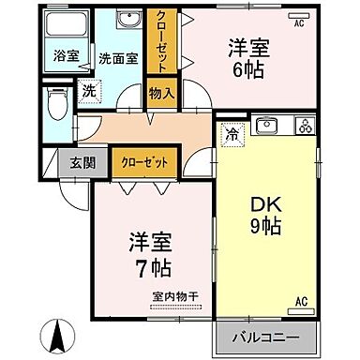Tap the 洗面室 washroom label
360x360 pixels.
[x=118, y=57]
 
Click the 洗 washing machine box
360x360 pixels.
[x=88, y=92]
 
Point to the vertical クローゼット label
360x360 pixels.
[x=161, y=42]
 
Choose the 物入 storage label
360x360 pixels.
[x=161, y=92]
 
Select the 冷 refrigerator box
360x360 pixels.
[x=231, y=133]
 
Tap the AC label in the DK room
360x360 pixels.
[x=301, y=301]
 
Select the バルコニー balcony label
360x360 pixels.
[x=266, y=337]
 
